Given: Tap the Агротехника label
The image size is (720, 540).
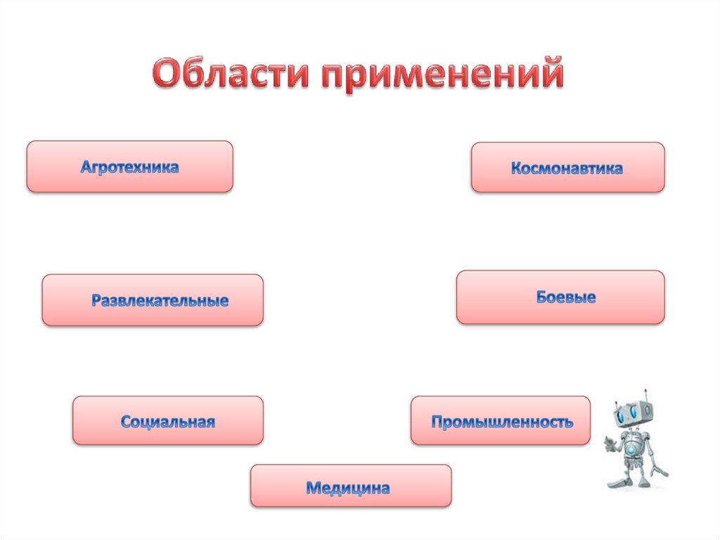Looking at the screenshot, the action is [x=129, y=168].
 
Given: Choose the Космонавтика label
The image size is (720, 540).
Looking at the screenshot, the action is [x=567, y=169].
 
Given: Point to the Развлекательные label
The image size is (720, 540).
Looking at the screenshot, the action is [x=160, y=301].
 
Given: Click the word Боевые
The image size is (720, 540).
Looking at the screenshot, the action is [x=566, y=297].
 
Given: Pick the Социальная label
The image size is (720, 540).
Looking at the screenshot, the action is [x=167, y=422].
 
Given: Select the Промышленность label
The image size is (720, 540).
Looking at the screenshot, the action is [x=502, y=422].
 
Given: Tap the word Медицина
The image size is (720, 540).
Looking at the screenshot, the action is [x=347, y=487].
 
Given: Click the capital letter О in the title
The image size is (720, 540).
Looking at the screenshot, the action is [x=167, y=74].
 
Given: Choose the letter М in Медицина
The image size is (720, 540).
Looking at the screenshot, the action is [x=313, y=487].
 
